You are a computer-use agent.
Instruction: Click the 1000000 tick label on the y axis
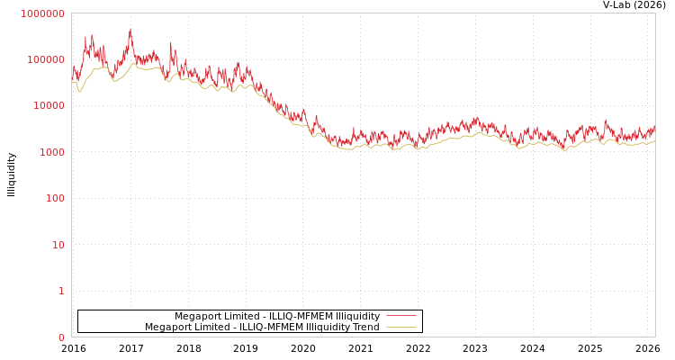point(42,13)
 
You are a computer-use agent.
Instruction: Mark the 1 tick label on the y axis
point(61,291)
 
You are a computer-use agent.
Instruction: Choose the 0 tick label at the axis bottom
point(61,337)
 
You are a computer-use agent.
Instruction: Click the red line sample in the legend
point(400,316)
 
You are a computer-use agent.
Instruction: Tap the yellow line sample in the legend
point(400,327)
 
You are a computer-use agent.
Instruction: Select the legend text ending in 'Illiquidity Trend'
point(262,327)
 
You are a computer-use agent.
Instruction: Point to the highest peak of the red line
point(130,30)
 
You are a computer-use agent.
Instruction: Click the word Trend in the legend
point(365,327)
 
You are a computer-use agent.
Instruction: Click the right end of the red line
point(654,128)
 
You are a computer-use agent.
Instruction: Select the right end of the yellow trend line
point(654,140)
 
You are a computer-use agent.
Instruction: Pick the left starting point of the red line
point(72,67)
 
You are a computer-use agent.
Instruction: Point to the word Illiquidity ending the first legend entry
point(358,316)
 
